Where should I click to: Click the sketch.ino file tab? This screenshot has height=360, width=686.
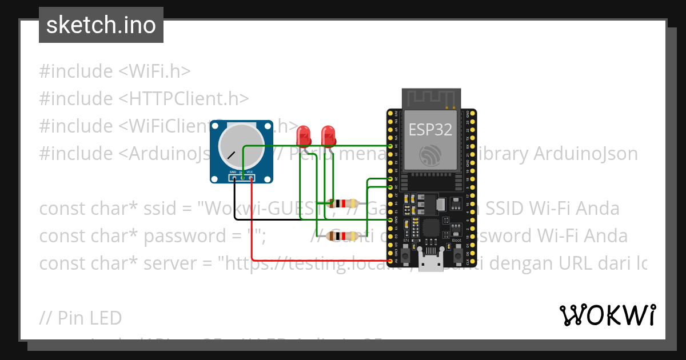[x=101, y=25]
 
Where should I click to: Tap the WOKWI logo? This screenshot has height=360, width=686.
[x=607, y=315]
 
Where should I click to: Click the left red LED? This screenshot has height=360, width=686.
[x=304, y=136]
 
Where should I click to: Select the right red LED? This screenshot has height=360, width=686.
[x=329, y=136]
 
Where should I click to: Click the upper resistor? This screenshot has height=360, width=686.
[x=344, y=203]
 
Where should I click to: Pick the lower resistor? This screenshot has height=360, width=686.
[x=344, y=235]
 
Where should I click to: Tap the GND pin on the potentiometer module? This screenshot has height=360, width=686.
[x=233, y=178]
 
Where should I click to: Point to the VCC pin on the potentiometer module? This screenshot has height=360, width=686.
[x=250, y=178]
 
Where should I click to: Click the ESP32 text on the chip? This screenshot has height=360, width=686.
[x=430, y=130]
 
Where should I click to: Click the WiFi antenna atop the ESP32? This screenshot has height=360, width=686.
[x=431, y=98]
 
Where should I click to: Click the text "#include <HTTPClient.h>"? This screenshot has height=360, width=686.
[x=143, y=98]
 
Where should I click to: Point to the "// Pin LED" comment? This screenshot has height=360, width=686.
[x=81, y=318]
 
